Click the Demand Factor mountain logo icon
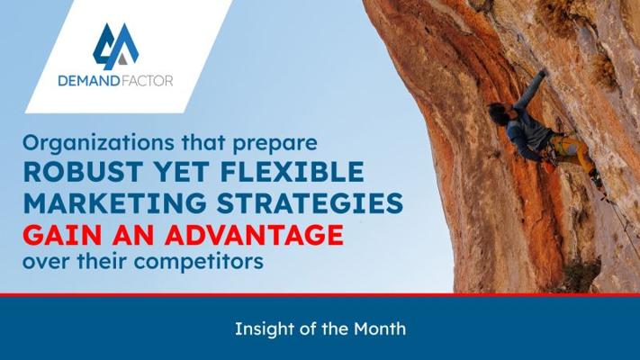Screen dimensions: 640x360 (x=115, y=46)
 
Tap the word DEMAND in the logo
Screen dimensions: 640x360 (x=88, y=81)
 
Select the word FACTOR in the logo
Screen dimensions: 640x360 (x=147, y=81)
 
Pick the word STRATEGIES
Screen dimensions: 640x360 (x=310, y=202)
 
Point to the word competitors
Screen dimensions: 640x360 (x=199, y=262)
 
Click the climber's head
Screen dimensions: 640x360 (x=497, y=112)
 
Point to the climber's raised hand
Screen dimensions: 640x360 (x=542, y=74)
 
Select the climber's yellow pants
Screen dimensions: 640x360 (x=571, y=151)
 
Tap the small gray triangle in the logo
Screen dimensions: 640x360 (x=122, y=59)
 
